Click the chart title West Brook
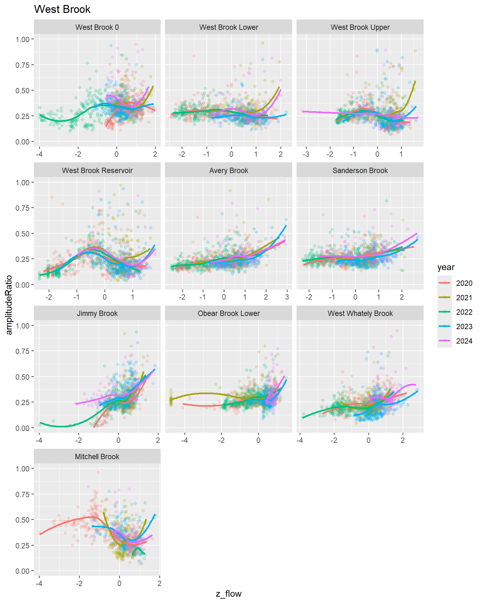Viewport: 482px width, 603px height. coord(62,9)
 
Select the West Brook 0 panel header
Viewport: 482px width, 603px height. coord(97,27)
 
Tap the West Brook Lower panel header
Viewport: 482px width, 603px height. coord(228,27)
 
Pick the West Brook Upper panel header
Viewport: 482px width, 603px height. coord(360,27)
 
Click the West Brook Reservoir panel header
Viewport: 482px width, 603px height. coord(97,171)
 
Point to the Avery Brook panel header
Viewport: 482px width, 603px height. coord(228,171)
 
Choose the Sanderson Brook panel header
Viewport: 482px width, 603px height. coord(360,171)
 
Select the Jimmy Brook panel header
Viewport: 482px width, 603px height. coord(97,313)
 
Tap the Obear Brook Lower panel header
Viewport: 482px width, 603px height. coord(228,313)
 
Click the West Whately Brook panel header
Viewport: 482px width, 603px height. coord(360,313)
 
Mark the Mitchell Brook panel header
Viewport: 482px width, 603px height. coord(97,457)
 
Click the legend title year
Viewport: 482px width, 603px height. coord(446,267)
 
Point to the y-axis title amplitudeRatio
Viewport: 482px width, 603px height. coord(9,305)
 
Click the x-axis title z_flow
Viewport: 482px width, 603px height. coord(228,594)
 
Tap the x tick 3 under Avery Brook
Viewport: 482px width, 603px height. coord(287,297)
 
